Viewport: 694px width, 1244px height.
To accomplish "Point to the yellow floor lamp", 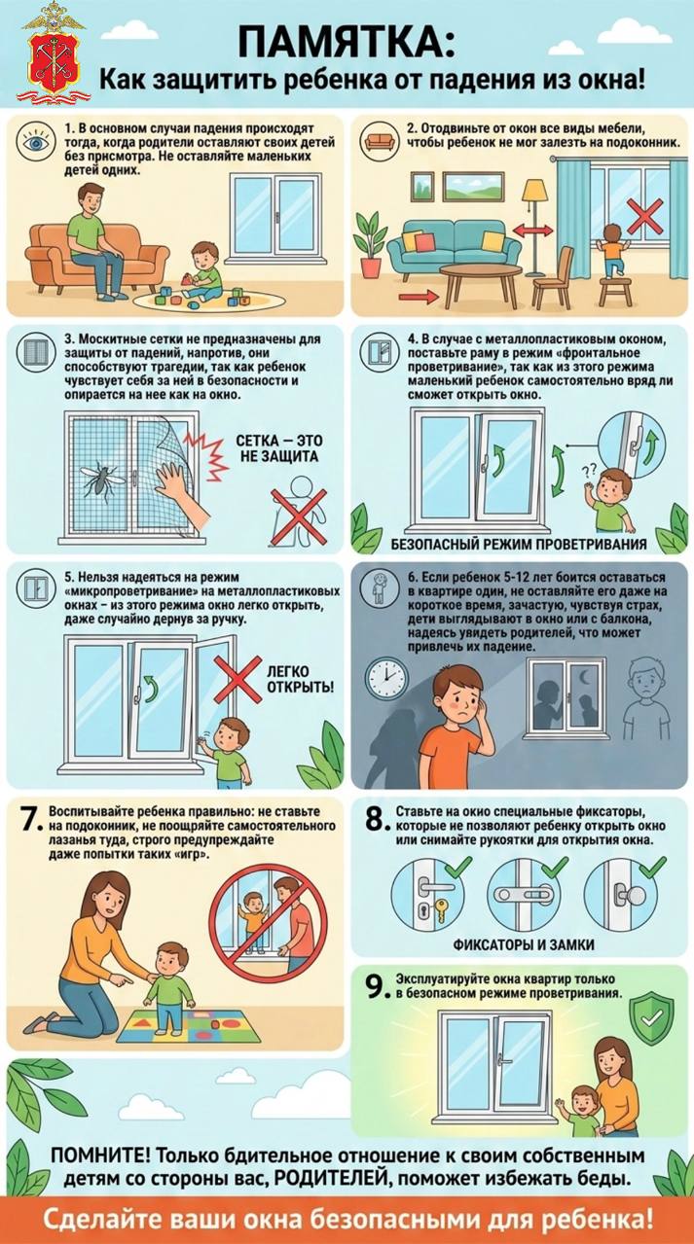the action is (535, 228).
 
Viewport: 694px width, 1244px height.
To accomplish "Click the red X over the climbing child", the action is (645, 216).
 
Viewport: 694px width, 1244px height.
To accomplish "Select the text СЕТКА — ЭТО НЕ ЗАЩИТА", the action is (279, 448).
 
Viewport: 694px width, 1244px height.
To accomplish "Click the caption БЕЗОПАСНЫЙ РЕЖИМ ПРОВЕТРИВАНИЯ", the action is (519, 543).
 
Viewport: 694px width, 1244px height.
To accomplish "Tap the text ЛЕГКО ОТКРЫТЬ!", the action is (301, 679).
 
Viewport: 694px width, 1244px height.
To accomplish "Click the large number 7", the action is (28, 820).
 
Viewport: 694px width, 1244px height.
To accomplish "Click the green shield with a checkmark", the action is (652, 1015).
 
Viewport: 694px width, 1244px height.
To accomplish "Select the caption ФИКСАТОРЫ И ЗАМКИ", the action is (524, 944).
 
